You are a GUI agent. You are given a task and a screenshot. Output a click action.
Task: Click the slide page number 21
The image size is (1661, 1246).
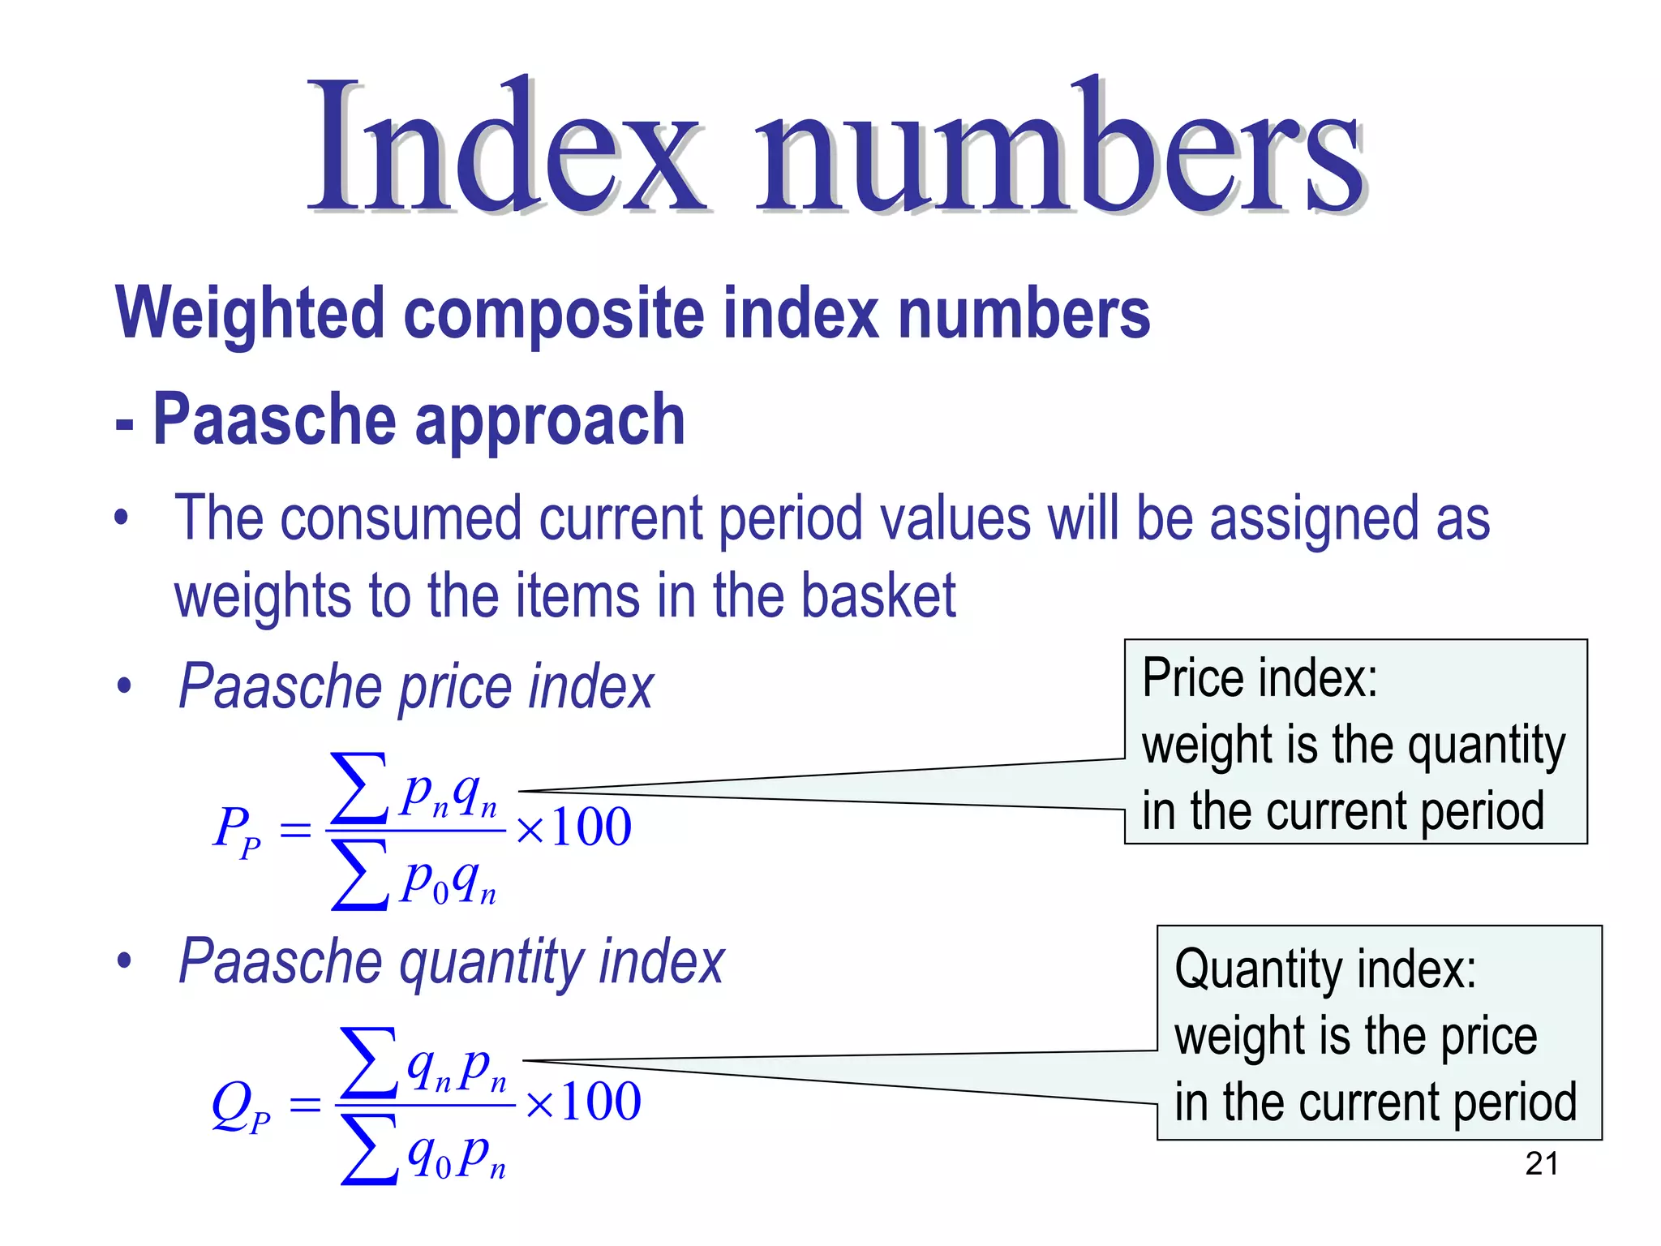click(1541, 1164)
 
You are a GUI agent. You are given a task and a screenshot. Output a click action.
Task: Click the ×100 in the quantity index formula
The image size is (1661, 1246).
click(583, 1102)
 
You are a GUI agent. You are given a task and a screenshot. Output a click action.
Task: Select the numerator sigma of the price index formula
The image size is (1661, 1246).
click(359, 788)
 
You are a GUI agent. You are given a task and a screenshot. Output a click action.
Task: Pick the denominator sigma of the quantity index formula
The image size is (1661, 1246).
click(369, 1150)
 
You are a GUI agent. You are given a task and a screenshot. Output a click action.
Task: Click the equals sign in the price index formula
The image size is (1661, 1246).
click(295, 830)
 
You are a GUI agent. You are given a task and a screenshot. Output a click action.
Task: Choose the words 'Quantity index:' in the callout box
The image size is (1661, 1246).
click(1325, 969)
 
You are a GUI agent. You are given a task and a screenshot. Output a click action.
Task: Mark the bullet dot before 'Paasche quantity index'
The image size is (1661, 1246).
click(124, 962)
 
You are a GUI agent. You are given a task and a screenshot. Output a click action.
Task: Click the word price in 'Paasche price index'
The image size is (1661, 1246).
click(456, 688)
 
